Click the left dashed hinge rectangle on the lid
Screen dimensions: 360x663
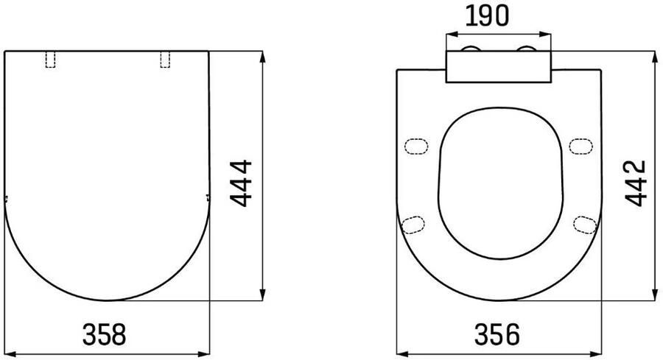coord(51,60)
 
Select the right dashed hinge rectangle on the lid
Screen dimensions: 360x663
coord(166,60)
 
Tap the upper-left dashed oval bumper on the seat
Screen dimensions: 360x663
coord(418,146)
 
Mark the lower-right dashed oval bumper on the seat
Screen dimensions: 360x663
coord(585,223)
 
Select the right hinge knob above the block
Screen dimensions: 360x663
coord(528,49)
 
